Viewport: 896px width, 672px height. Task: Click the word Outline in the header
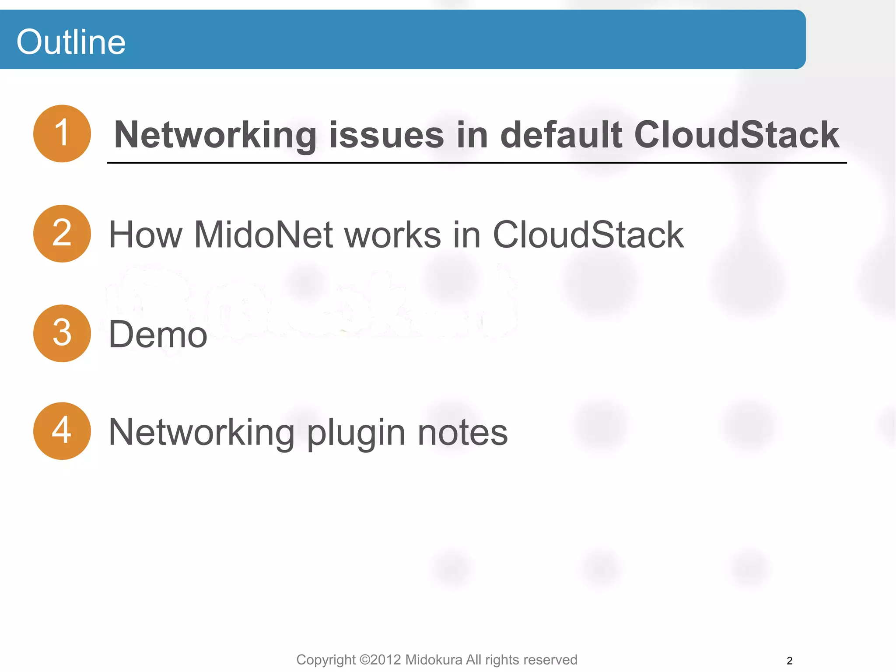point(71,42)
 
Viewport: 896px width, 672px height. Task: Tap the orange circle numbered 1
point(62,133)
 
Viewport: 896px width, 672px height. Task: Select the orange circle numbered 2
point(62,234)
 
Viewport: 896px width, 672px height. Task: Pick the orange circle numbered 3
point(62,333)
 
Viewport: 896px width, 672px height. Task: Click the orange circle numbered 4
point(62,431)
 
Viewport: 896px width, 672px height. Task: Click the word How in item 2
point(145,235)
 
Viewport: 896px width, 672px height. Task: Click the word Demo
point(158,335)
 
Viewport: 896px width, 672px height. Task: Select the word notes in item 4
point(462,432)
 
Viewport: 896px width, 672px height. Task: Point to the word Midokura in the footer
point(434,660)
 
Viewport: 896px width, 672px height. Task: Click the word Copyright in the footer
point(325,660)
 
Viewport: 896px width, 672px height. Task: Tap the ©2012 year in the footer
point(380,660)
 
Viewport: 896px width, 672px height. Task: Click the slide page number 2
point(789,661)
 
